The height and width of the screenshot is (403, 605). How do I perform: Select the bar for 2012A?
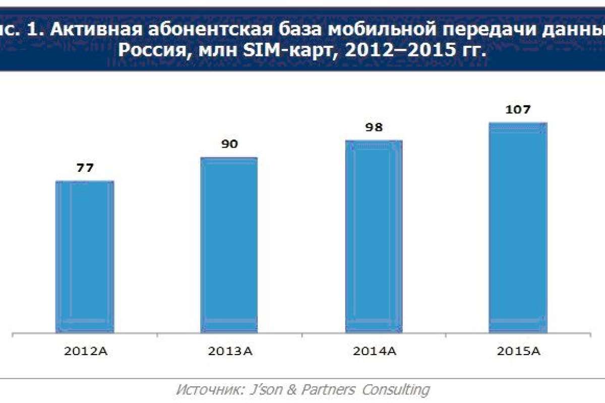point(85,257)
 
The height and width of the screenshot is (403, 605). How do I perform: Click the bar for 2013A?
point(229,245)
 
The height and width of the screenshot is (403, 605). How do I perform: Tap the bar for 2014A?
point(374,237)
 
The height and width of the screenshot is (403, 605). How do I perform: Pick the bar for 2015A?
point(518,228)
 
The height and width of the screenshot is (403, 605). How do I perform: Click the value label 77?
point(85,168)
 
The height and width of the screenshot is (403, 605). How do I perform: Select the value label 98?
point(374,127)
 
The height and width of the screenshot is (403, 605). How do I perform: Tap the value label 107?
point(518,109)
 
